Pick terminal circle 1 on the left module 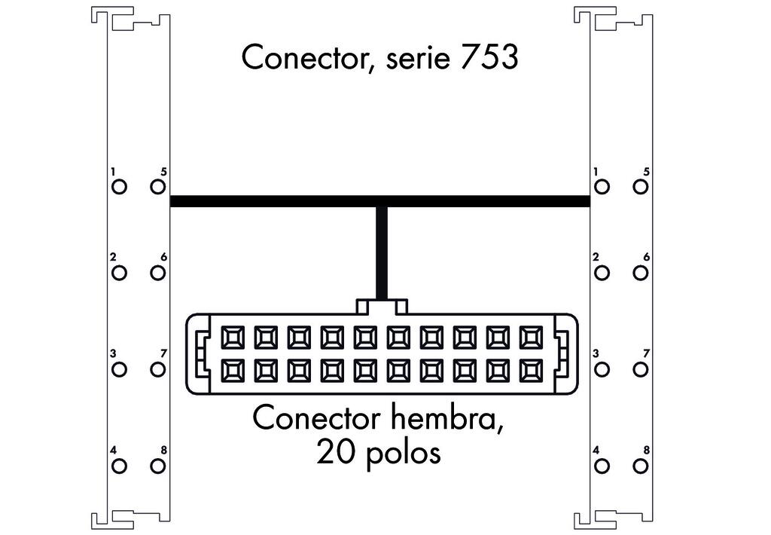click(119, 186)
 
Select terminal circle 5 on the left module click(157, 186)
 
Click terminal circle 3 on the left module click(119, 369)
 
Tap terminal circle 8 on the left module click(157, 466)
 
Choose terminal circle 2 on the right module click(602, 272)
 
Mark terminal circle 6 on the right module click(641, 272)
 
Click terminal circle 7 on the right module click(641, 369)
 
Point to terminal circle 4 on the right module click(602, 466)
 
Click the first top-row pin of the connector click(232, 336)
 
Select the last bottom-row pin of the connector click(531, 370)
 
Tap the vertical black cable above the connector click(382, 252)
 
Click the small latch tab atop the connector click(382, 306)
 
